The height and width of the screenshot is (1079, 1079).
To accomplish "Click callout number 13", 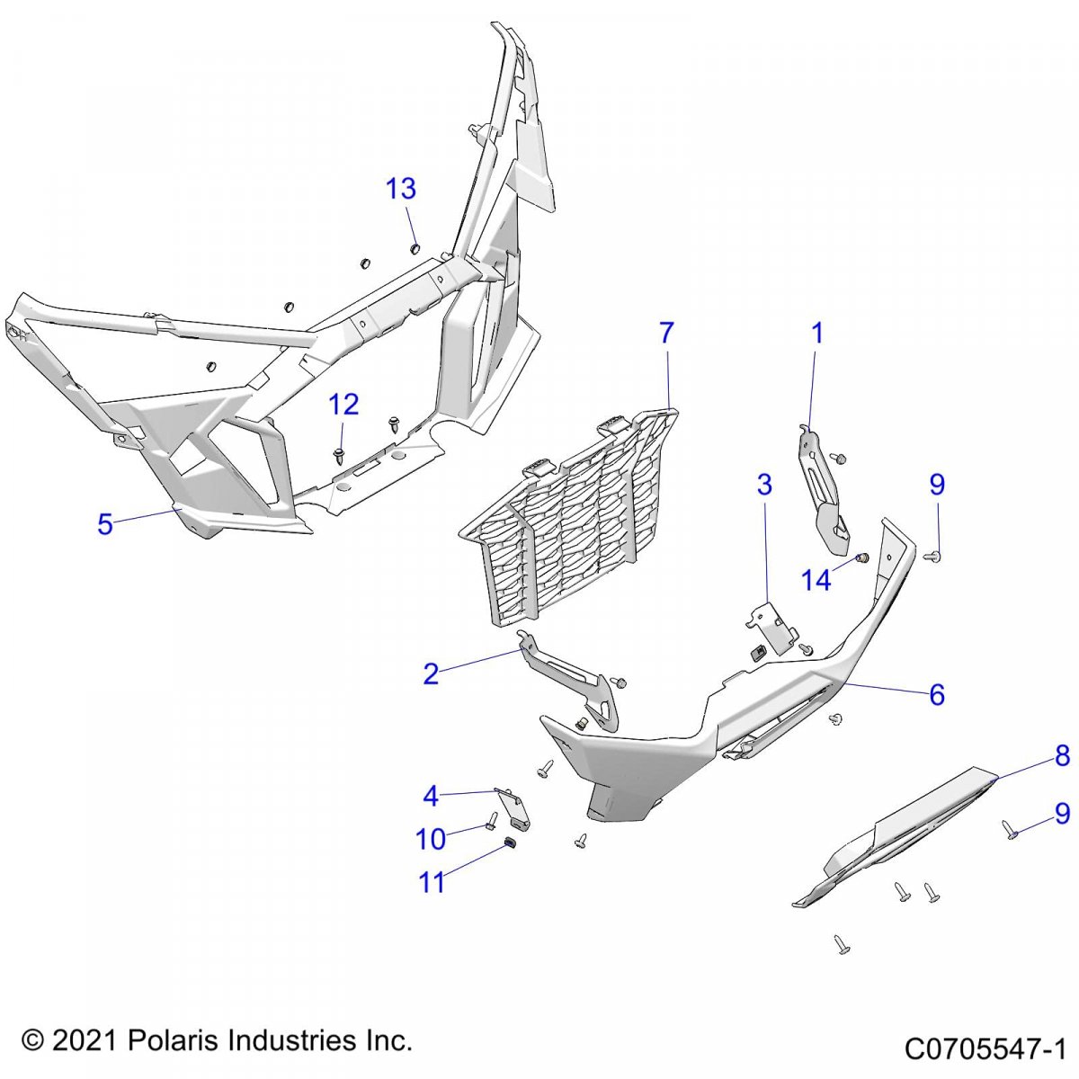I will tap(401, 190).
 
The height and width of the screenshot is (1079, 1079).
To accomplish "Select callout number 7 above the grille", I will tap(665, 334).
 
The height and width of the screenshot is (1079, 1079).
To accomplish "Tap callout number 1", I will tap(817, 334).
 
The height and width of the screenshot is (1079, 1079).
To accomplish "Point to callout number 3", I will tap(764, 486).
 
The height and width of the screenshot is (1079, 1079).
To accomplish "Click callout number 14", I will tap(816, 581).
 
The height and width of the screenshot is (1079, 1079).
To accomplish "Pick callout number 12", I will tap(343, 405).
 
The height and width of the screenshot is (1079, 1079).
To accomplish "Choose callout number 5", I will tap(105, 524).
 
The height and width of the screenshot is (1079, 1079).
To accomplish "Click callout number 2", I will tap(431, 673).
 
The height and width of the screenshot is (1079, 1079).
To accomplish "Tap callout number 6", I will tap(937, 694).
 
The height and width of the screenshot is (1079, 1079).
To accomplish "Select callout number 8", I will tap(1062, 757).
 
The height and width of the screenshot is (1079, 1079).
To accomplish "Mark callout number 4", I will tap(431, 797).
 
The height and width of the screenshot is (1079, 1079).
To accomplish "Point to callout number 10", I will tap(431, 839).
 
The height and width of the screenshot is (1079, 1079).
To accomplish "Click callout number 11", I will tap(432, 882).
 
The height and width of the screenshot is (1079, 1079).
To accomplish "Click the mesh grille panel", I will tap(566, 522).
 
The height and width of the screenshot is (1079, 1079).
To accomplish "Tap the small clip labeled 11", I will tap(509, 843).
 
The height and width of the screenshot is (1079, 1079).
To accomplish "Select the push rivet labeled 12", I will tap(339, 454).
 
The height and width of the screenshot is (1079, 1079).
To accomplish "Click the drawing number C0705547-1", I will tap(985, 1048).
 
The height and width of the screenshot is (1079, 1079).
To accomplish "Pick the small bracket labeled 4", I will tap(516, 808).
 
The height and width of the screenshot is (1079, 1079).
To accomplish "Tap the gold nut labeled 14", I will tap(861, 559).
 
